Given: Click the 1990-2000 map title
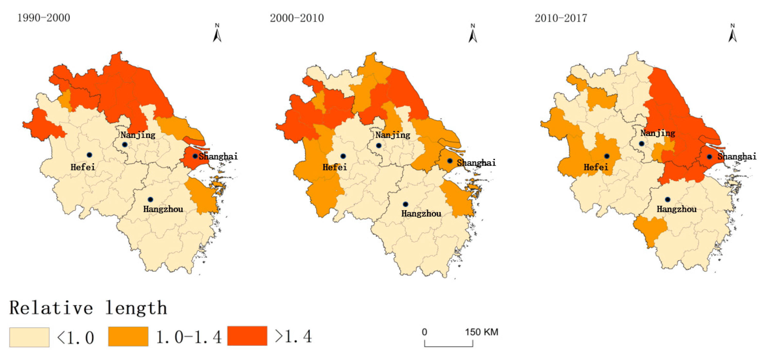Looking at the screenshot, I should [44, 18].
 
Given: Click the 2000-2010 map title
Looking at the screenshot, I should [297, 18].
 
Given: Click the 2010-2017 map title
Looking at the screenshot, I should [560, 18].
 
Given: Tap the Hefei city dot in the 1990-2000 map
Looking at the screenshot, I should [89, 155].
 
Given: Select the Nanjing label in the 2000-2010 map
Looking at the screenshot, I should [392, 135].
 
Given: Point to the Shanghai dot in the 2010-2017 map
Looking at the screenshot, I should [709, 157].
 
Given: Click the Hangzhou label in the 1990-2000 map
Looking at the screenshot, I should [163, 209].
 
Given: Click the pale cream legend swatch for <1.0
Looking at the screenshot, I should [29, 337].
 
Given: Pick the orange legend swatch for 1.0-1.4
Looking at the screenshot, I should [128, 336].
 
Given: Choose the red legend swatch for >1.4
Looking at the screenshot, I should [247, 336].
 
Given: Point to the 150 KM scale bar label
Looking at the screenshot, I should [481, 332].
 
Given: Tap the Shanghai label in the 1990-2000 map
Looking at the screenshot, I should [218, 156].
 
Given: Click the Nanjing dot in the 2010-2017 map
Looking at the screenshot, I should [641, 144].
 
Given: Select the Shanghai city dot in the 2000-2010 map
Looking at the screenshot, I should [450, 161].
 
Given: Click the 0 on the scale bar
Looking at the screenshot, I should [424, 332].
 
